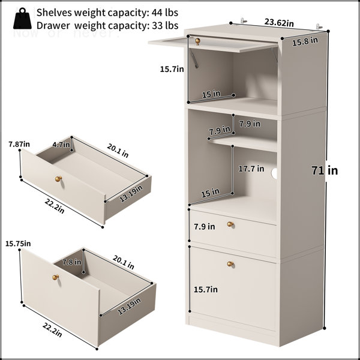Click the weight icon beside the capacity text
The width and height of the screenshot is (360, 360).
[22, 19]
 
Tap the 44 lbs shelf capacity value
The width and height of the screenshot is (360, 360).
[165, 13]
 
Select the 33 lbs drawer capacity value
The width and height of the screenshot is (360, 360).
[165, 25]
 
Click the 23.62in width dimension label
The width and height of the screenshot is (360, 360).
[279, 23]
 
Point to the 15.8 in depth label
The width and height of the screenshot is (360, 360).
[305, 41]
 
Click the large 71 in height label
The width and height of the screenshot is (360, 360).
[325, 170]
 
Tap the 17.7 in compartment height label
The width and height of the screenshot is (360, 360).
[251, 169]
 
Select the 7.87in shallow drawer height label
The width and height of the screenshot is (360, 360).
[19, 144]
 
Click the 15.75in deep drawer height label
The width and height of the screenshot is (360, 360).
[18, 244]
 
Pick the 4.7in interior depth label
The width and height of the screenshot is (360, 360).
[61, 145]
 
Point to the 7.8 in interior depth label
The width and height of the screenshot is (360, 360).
[72, 262]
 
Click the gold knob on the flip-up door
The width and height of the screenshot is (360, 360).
[197, 41]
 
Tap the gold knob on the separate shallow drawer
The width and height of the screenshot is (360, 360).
[59, 179]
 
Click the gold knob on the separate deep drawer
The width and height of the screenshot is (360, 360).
[56, 277]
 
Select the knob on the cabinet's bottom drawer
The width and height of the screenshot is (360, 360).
[230, 264]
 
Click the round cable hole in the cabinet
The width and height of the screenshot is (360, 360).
[274, 173]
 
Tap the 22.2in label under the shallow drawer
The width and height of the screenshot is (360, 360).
[55, 206]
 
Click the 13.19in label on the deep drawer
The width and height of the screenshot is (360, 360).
[129, 307]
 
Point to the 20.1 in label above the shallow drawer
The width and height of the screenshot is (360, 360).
[118, 151]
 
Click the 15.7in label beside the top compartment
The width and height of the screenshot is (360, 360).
[172, 69]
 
